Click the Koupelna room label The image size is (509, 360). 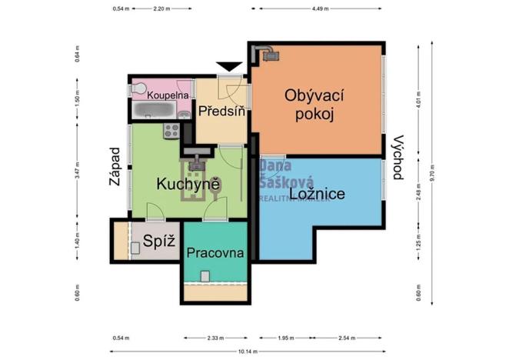click(168, 95)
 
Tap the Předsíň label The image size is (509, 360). click(221, 112)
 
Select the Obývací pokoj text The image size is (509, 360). click(314, 105)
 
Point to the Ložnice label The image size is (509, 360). click(316, 194)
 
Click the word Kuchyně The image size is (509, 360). click(189, 185)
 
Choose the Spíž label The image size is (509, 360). click(159, 242)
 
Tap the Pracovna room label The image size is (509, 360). click(215, 252)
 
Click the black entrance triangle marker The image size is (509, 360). click(228, 68)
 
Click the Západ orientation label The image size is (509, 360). click(115, 169)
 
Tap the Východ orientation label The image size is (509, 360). click(397, 158)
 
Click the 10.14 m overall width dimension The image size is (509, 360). click(246, 352)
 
